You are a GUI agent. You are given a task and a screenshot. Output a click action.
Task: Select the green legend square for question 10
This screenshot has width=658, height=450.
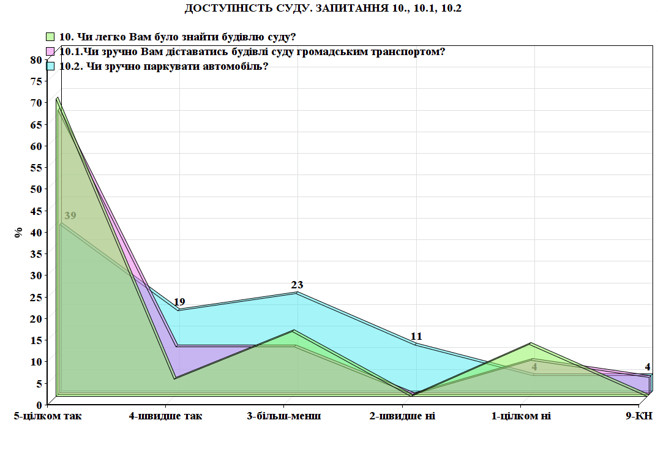(51, 37)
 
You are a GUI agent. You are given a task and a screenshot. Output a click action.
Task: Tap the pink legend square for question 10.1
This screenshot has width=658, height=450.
(51, 51)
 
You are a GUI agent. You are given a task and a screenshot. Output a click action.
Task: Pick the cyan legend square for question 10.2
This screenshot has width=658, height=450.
(51, 66)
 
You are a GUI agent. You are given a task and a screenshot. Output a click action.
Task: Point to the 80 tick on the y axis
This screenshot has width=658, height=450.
(36, 59)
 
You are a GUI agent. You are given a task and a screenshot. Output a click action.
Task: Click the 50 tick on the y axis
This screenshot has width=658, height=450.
(36, 189)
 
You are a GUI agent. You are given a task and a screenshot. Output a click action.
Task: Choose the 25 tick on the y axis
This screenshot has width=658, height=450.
(36, 297)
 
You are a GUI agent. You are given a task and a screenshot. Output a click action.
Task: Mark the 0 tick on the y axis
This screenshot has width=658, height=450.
(38, 405)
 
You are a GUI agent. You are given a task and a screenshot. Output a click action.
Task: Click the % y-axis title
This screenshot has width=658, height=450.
(19, 233)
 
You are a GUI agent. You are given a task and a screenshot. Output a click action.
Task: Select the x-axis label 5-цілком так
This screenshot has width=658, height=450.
(48, 416)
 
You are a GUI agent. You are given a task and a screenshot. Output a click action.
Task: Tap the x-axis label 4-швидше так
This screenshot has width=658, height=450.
(165, 416)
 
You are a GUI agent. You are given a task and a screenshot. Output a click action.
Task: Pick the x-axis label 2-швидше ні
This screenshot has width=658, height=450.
(402, 416)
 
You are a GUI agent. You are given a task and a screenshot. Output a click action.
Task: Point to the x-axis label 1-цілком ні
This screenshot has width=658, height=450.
(521, 416)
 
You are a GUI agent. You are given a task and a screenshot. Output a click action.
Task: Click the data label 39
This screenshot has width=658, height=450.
(70, 216)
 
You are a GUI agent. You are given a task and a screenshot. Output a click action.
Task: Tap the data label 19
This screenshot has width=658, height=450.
(179, 302)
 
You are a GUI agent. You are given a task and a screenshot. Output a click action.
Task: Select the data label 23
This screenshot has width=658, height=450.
(297, 285)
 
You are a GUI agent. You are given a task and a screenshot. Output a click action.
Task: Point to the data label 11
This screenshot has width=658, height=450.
(416, 336)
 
